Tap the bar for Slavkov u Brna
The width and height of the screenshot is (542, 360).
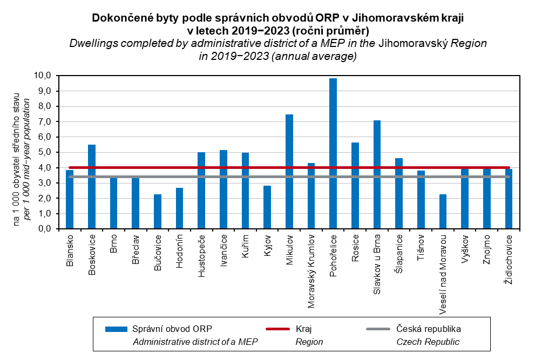tap(377, 175)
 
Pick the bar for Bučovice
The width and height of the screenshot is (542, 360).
tap(157, 212)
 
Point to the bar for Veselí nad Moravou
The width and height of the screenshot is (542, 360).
tap(443, 212)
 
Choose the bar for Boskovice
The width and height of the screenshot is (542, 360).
tap(91, 187)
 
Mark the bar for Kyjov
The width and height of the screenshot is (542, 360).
tap(267, 207)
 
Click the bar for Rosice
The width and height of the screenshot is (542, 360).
tap(355, 186)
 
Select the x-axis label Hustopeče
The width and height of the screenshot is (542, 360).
tap(201, 256)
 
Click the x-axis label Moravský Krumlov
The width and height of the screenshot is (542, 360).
tap(311, 270)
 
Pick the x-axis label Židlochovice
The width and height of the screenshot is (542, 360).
tap(509, 261)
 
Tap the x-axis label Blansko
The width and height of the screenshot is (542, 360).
tap(70, 250)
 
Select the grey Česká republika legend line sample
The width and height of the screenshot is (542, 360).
tap(378, 329)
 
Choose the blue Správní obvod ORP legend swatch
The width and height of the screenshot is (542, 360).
tap(116, 329)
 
